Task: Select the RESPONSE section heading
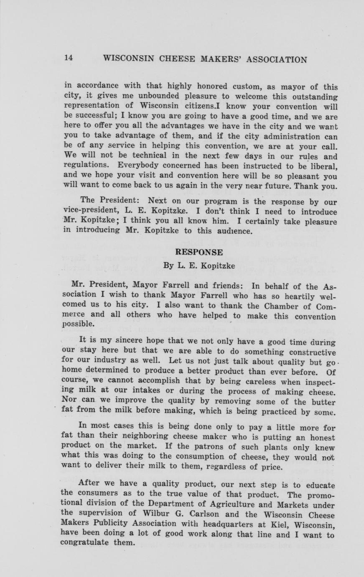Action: click(199, 252)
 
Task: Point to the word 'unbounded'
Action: click(124, 97)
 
